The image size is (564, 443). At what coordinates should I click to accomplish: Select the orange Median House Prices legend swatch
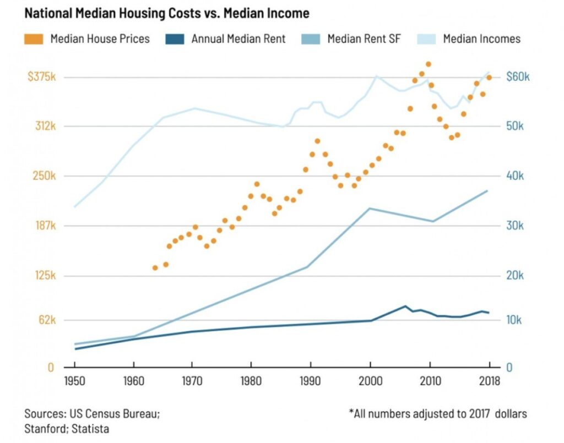click(x=34, y=39)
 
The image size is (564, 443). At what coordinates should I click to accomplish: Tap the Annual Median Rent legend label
click(x=238, y=39)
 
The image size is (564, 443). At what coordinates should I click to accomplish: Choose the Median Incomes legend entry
click(x=481, y=39)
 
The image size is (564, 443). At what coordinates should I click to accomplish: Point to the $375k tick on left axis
click(x=41, y=77)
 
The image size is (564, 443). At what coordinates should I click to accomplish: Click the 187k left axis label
click(x=45, y=226)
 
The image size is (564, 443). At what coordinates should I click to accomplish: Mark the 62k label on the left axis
click(x=46, y=320)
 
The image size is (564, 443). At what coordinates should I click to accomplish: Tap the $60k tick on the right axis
click(x=517, y=77)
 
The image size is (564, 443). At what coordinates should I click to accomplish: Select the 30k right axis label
click(x=518, y=226)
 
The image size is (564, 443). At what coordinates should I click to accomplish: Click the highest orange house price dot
click(x=429, y=64)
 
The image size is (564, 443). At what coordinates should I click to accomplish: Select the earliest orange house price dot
click(x=155, y=268)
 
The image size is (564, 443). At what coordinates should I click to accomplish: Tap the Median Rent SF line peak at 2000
click(x=370, y=209)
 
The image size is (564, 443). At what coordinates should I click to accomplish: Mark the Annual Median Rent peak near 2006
click(x=406, y=306)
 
